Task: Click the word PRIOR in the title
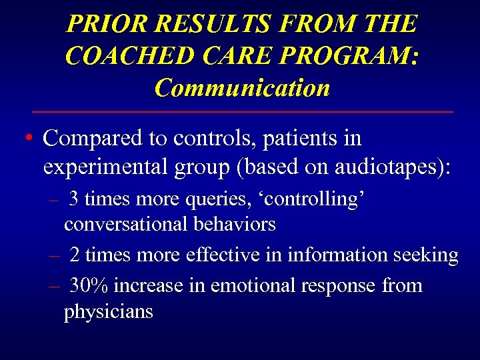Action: coord(107,25)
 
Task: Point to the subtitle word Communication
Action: coord(242,87)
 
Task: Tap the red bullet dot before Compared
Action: coord(27,139)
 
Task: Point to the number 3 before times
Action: coord(75,199)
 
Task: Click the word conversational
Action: coord(125,224)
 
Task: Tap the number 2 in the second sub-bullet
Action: coord(75,255)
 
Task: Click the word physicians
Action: coord(109,311)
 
